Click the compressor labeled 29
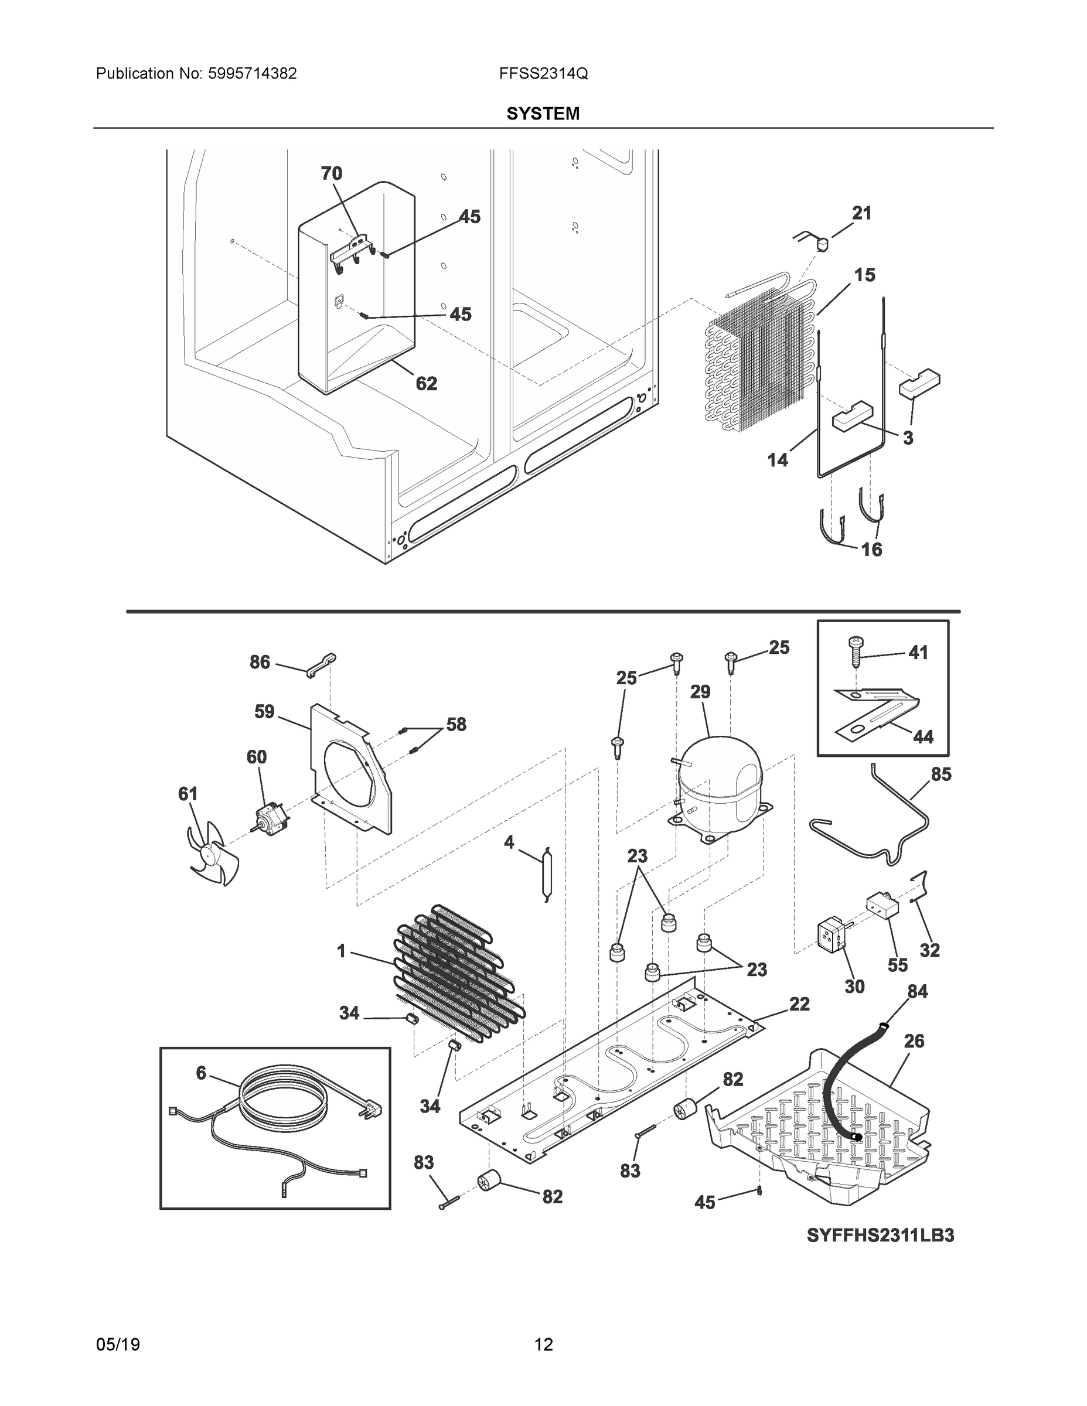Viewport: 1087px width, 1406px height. [720, 784]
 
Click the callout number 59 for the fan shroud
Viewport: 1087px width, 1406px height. [264, 711]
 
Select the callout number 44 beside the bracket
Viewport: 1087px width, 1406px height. [923, 737]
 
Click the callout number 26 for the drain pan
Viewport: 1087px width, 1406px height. [914, 1041]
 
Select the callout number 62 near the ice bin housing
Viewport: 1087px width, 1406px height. [426, 384]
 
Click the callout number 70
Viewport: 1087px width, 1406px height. [332, 173]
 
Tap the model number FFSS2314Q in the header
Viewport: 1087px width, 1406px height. [543, 74]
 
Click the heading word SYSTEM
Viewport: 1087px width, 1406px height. [543, 114]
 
